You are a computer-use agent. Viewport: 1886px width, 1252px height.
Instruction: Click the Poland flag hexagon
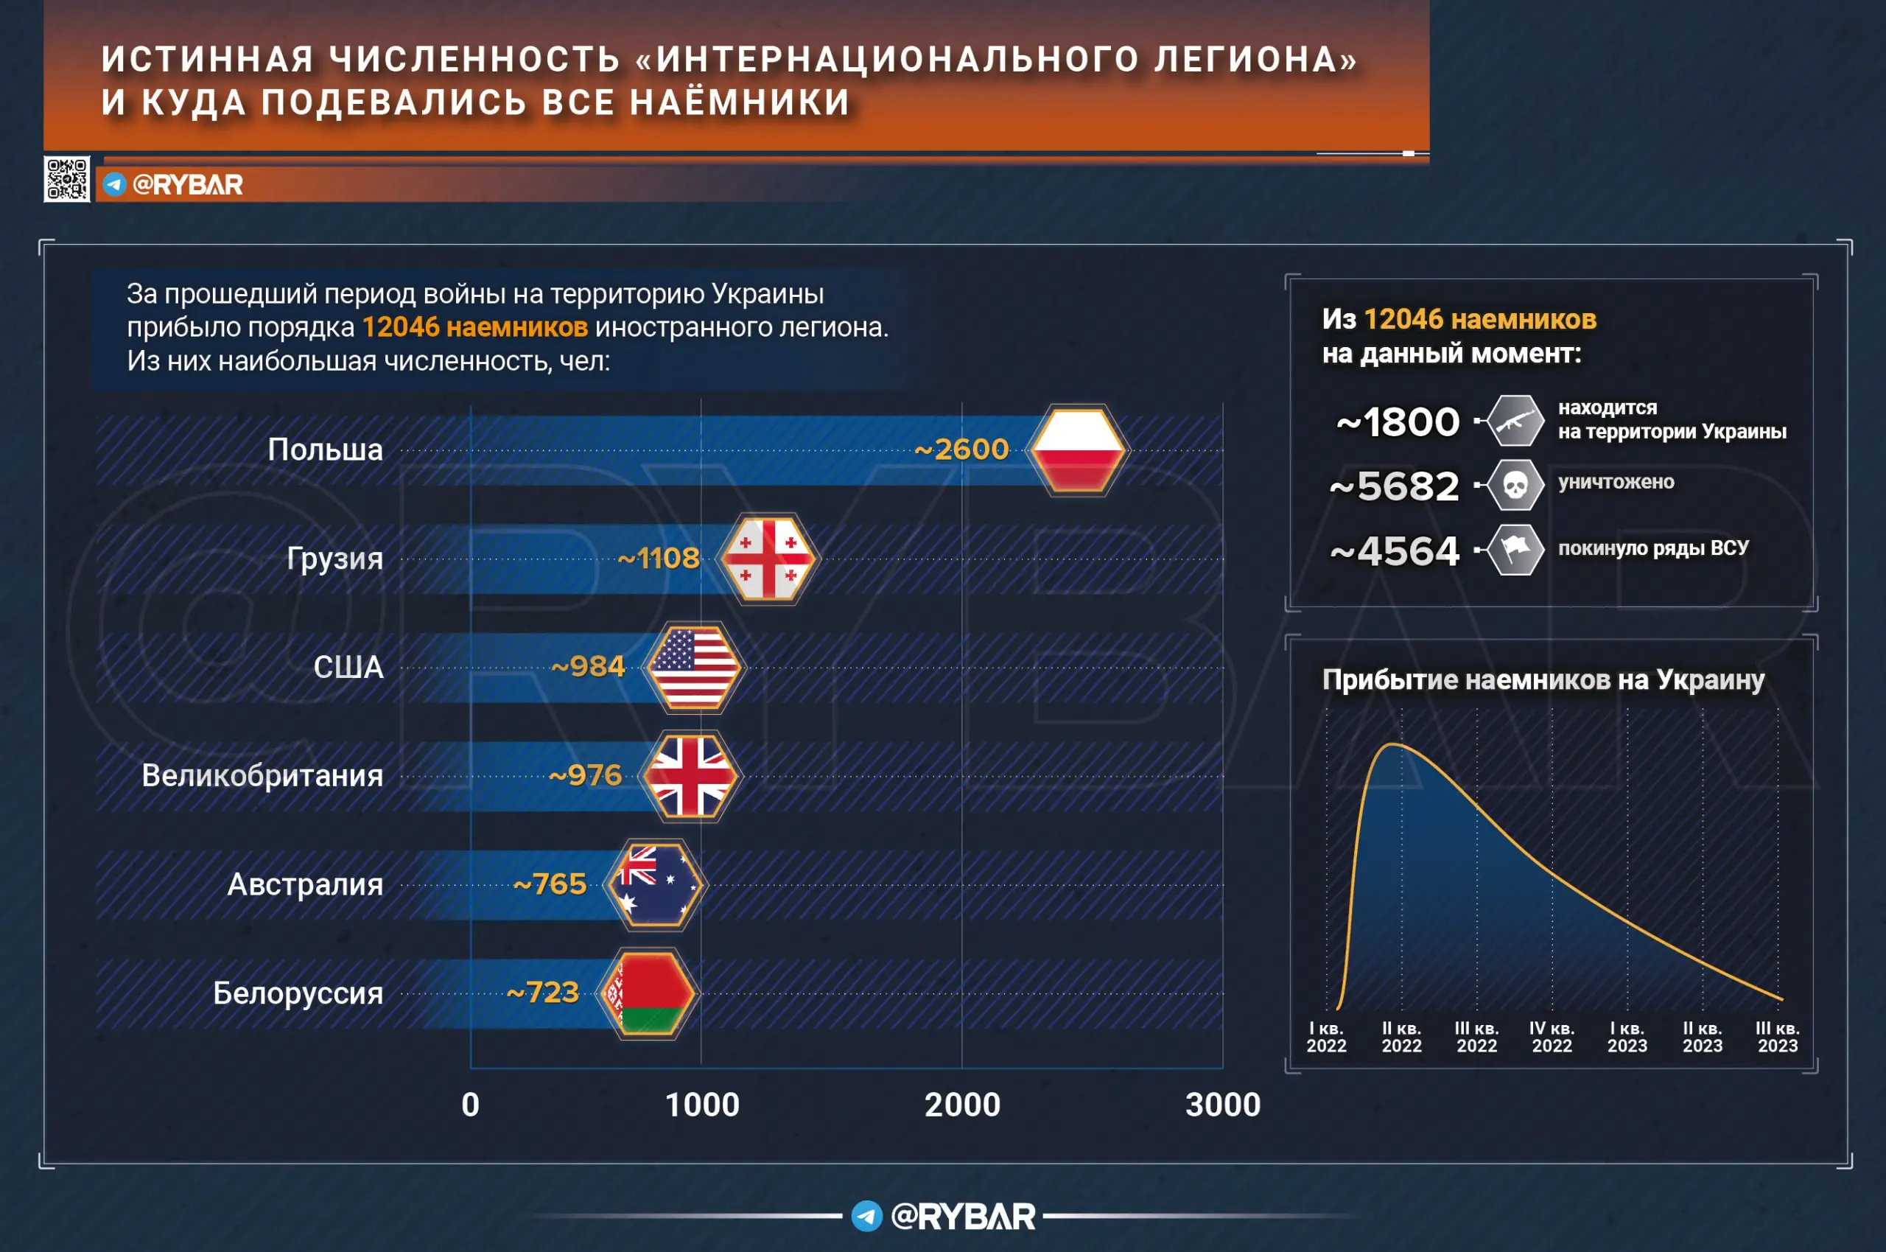coord(1079,450)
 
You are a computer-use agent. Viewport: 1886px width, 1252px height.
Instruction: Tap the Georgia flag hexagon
coord(768,559)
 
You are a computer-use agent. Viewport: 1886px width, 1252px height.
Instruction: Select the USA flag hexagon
coord(693,668)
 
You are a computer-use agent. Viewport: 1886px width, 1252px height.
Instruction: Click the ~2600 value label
coord(961,450)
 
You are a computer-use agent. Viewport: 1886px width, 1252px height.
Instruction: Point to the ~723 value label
coord(543,993)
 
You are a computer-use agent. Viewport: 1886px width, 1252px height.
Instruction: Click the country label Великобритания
coord(262,776)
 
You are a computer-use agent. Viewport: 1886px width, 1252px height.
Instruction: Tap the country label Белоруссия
coord(298,993)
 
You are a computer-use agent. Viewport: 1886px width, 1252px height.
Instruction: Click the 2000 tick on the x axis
coord(961,1105)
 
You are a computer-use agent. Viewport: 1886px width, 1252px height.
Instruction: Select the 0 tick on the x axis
coord(470,1105)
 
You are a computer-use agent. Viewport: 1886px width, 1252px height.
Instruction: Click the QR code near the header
coord(66,179)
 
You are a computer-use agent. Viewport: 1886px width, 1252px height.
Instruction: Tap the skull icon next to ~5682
coord(1514,485)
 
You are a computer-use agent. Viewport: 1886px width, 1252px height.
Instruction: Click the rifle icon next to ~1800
coord(1514,421)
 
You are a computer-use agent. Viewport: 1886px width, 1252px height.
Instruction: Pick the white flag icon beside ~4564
coord(1514,549)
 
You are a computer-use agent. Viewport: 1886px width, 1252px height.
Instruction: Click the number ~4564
coord(1395,551)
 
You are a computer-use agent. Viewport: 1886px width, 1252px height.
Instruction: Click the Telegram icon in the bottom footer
coord(866,1216)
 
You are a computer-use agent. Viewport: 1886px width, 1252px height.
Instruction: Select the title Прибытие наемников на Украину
coord(1543,679)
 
